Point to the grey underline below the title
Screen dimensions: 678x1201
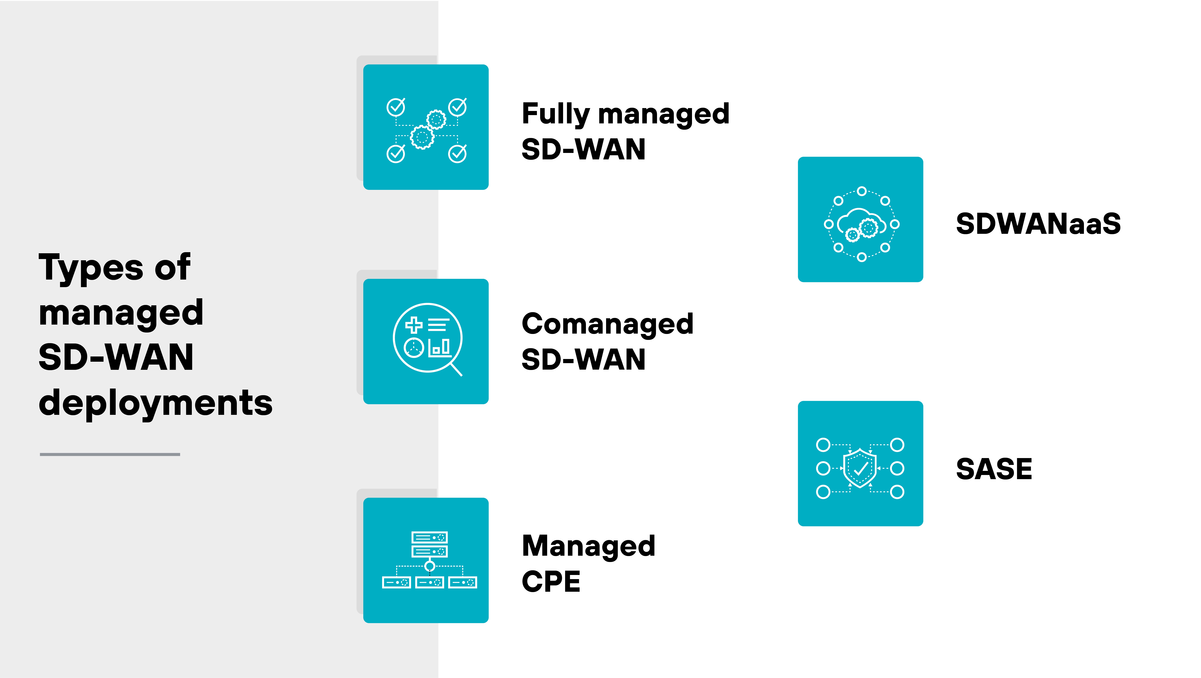pos(110,454)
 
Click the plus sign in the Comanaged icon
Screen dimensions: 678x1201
pos(414,325)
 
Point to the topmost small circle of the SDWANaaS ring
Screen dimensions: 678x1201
pos(862,191)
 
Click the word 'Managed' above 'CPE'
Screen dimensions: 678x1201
pos(588,546)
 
